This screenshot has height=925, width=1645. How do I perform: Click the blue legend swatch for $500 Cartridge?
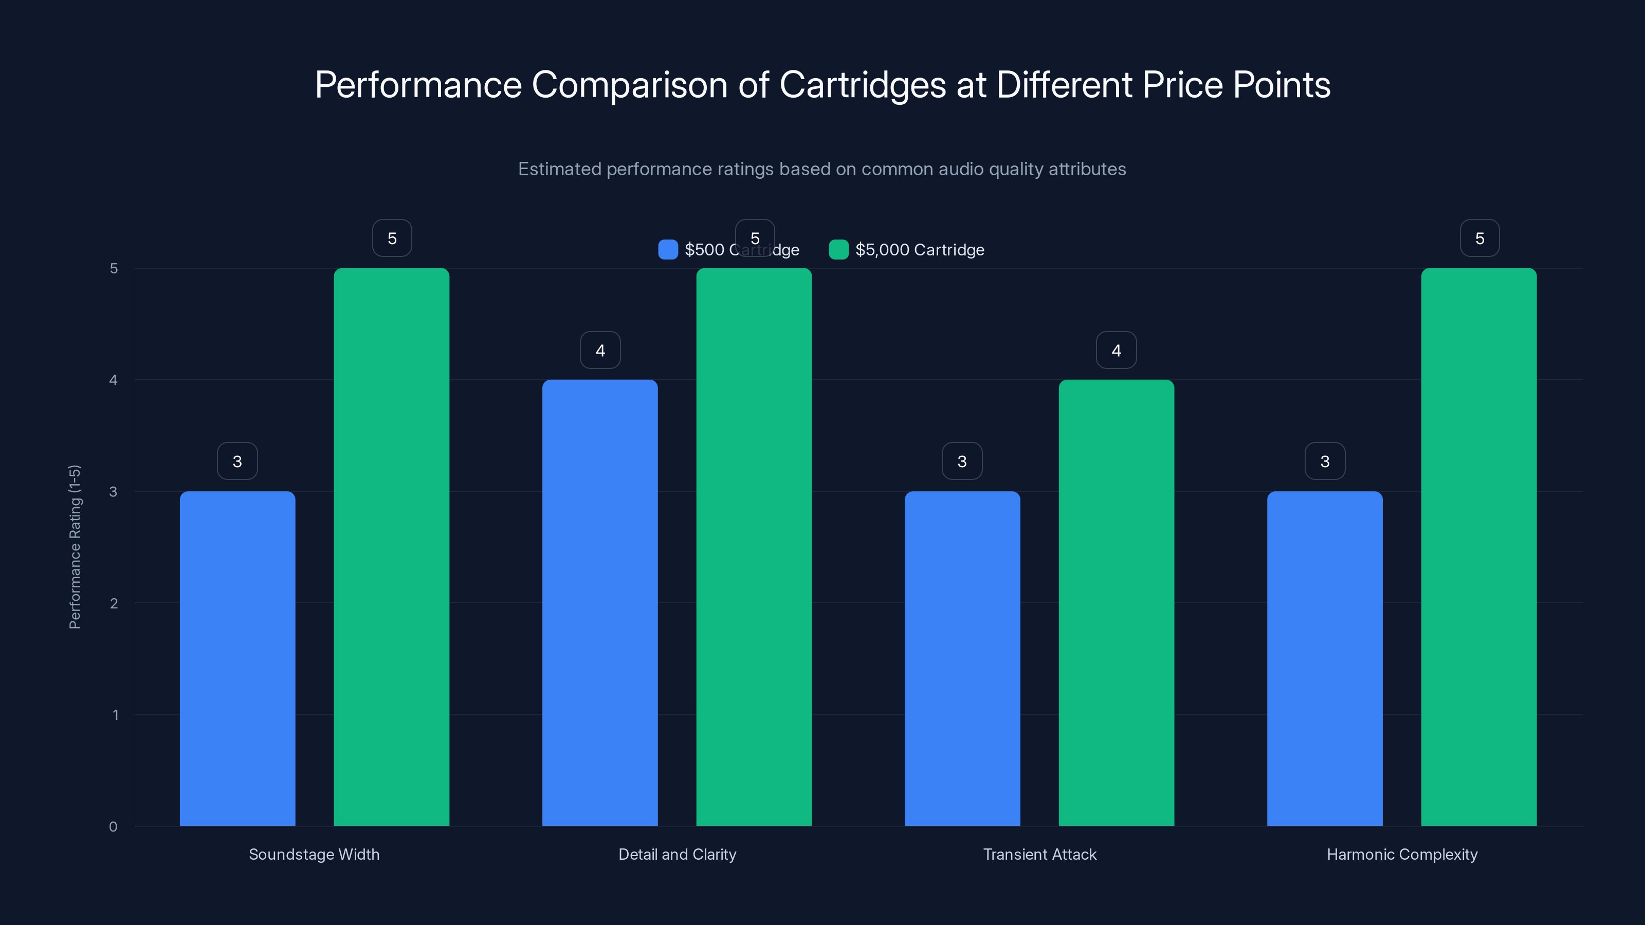point(668,250)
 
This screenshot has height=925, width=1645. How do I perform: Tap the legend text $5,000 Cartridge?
point(920,250)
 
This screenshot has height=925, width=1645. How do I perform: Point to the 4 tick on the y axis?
point(114,380)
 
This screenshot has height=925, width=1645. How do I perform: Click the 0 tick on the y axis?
point(114,827)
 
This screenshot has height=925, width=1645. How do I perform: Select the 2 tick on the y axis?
point(114,603)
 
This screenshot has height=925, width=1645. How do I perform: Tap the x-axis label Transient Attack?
point(1039,854)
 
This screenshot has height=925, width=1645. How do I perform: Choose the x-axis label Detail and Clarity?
point(677,854)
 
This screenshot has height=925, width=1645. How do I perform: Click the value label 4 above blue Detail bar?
point(599,350)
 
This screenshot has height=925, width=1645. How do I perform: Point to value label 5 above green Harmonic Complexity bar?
point(1479,238)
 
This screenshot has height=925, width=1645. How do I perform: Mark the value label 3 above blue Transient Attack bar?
point(962,461)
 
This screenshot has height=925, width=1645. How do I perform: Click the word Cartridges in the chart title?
point(862,85)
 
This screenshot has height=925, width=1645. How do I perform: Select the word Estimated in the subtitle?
point(559,169)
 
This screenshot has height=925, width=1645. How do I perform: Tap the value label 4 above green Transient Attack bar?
point(1116,350)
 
